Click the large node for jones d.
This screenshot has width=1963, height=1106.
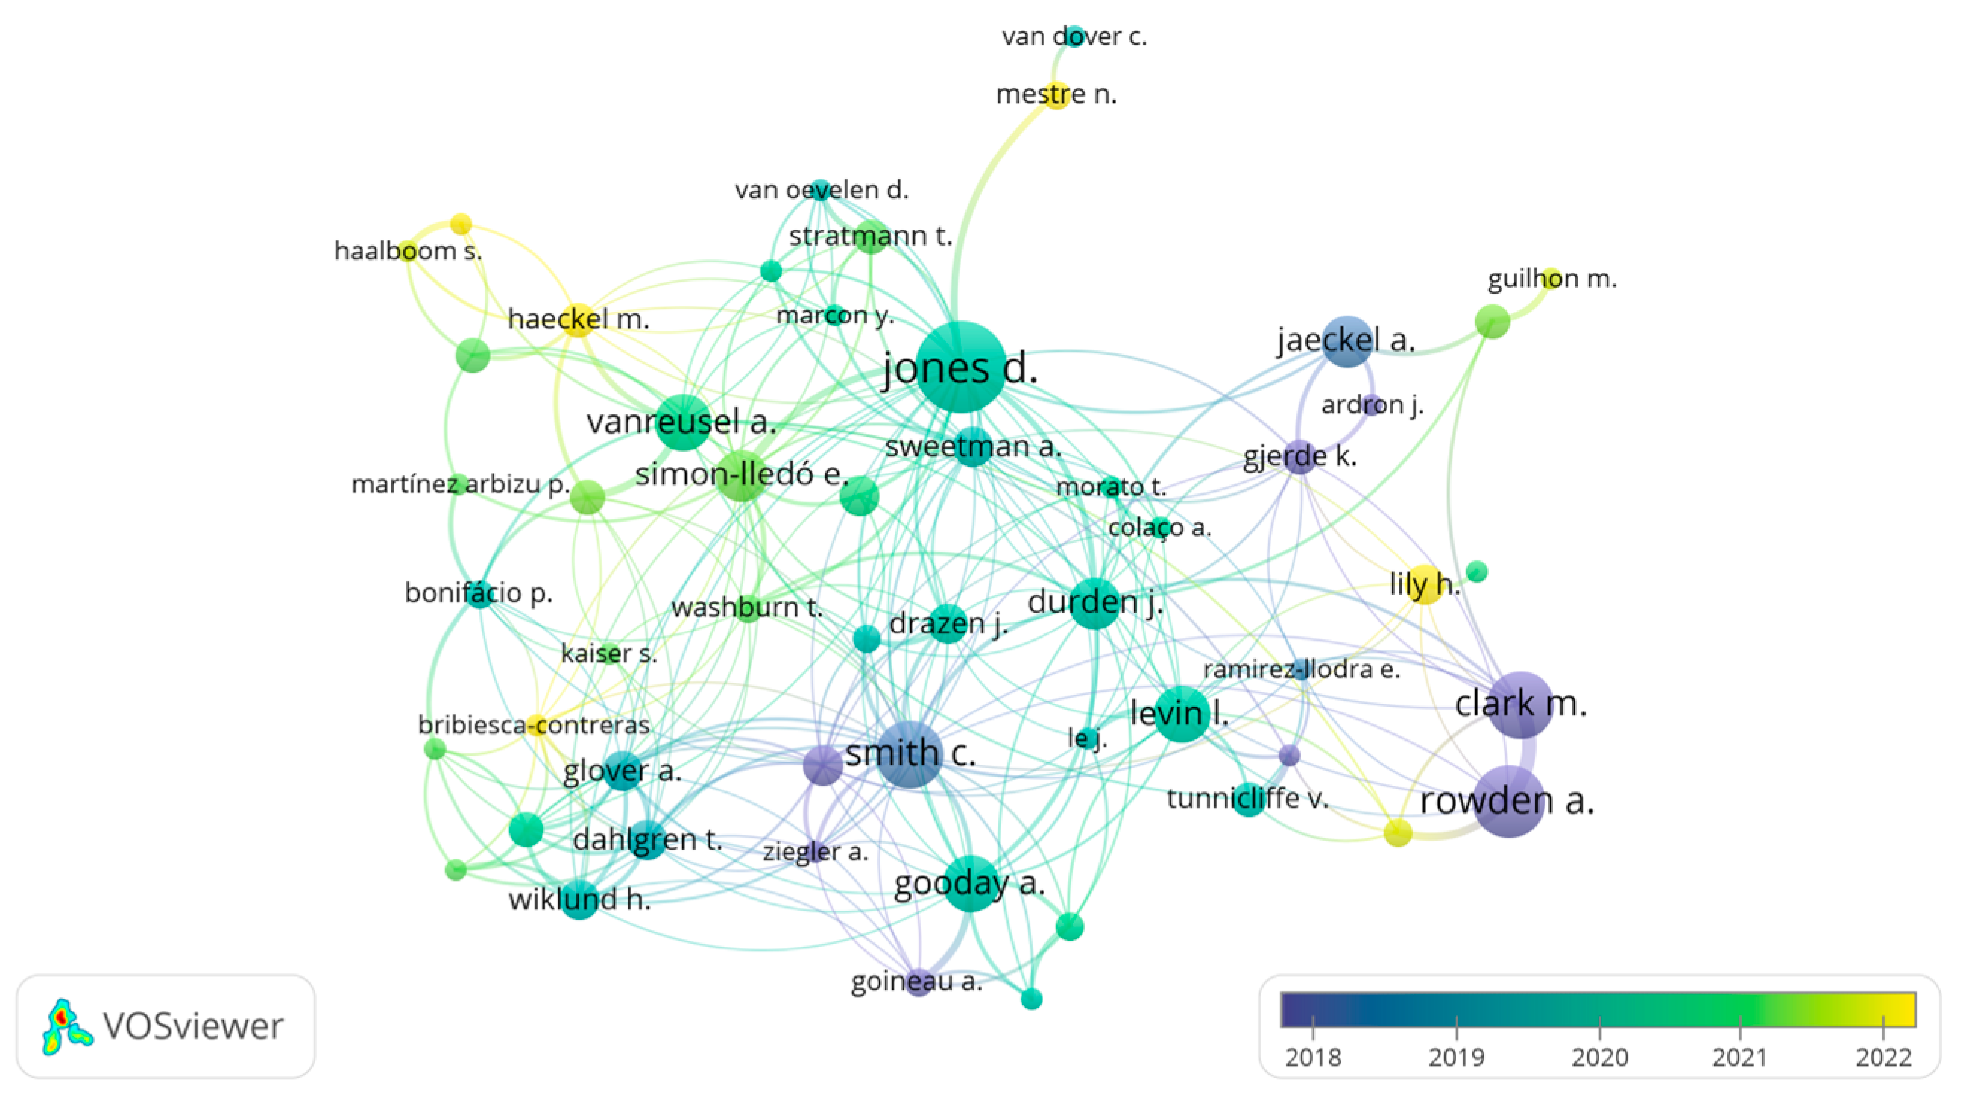tap(960, 367)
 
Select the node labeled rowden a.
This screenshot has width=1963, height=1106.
tap(1509, 801)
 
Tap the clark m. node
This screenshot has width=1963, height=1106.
tap(1520, 704)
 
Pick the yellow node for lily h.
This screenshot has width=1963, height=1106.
tap(1424, 585)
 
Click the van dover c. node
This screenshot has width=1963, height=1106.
tap(1074, 36)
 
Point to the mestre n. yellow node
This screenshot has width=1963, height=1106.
tap(1056, 95)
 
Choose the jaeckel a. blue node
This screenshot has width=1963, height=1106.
tap(1347, 341)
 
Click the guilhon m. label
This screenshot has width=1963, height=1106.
tap(1551, 279)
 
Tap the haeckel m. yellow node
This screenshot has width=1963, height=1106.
tap(579, 319)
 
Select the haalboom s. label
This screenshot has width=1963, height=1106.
tap(409, 250)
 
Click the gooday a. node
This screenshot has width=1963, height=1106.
tap(970, 884)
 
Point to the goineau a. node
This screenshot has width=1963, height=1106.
tap(919, 982)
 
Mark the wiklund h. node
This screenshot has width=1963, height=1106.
tap(579, 900)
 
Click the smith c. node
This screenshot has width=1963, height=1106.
tap(909, 754)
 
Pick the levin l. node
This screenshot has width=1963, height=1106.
tap(1181, 714)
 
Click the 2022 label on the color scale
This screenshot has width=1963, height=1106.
tap(1884, 1058)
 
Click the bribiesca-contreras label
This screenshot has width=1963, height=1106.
tap(533, 724)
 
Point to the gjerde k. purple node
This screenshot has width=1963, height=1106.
tap(1300, 457)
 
